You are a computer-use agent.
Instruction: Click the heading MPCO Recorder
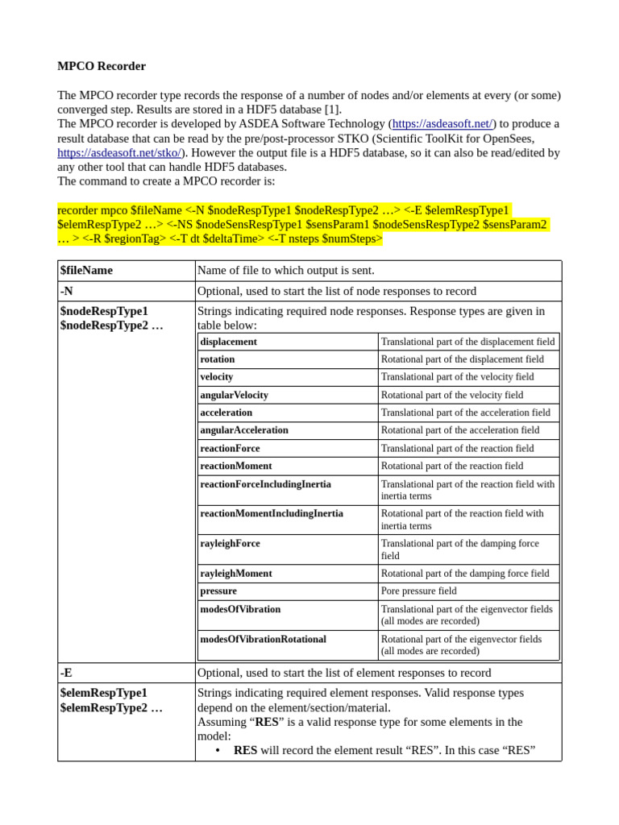click(x=102, y=66)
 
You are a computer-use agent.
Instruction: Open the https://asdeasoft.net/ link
click(x=442, y=124)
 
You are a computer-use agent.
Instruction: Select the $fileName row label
click(x=86, y=271)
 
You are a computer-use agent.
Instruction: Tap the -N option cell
click(x=67, y=291)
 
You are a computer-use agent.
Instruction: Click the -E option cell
click(x=67, y=673)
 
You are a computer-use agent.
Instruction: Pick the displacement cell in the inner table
click(x=229, y=342)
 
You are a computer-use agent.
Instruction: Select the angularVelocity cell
click(x=235, y=395)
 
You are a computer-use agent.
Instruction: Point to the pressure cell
click(x=218, y=591)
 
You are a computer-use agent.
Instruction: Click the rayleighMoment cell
click(x=236, y=573)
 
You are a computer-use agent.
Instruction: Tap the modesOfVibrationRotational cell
click(x=264, y=639)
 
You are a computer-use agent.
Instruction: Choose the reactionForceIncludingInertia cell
click(x=266, y=484)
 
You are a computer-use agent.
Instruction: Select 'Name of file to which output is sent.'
click(x=286, y=271)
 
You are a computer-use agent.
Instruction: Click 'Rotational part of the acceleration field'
click(x=460, y=430)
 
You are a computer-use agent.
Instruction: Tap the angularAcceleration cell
click(x=244, y=430)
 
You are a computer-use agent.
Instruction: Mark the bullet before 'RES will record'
click(x=218, y=750)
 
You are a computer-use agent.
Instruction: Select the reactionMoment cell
click(x=236, y=466)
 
